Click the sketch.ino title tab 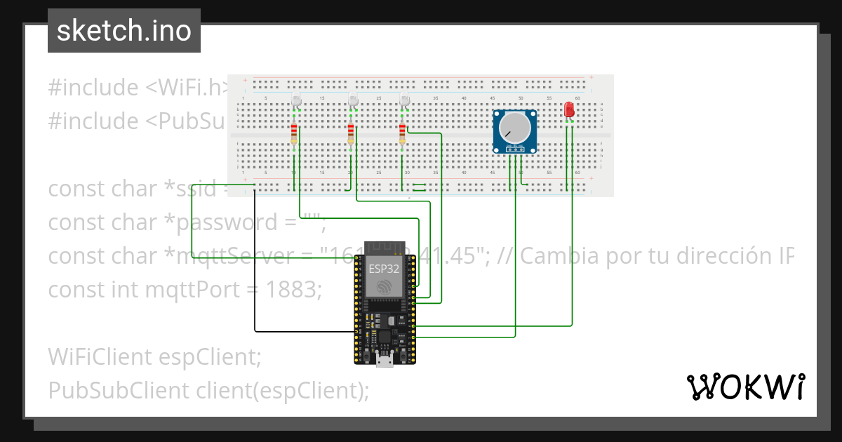123,31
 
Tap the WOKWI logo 744,387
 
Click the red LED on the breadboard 568,109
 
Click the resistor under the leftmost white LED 294,134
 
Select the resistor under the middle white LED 351,134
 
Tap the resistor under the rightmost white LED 402,134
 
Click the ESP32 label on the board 384,268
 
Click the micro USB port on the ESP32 384,361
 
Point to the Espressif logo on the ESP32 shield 384,287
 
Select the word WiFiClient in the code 97,356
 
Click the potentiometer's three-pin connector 516,149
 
